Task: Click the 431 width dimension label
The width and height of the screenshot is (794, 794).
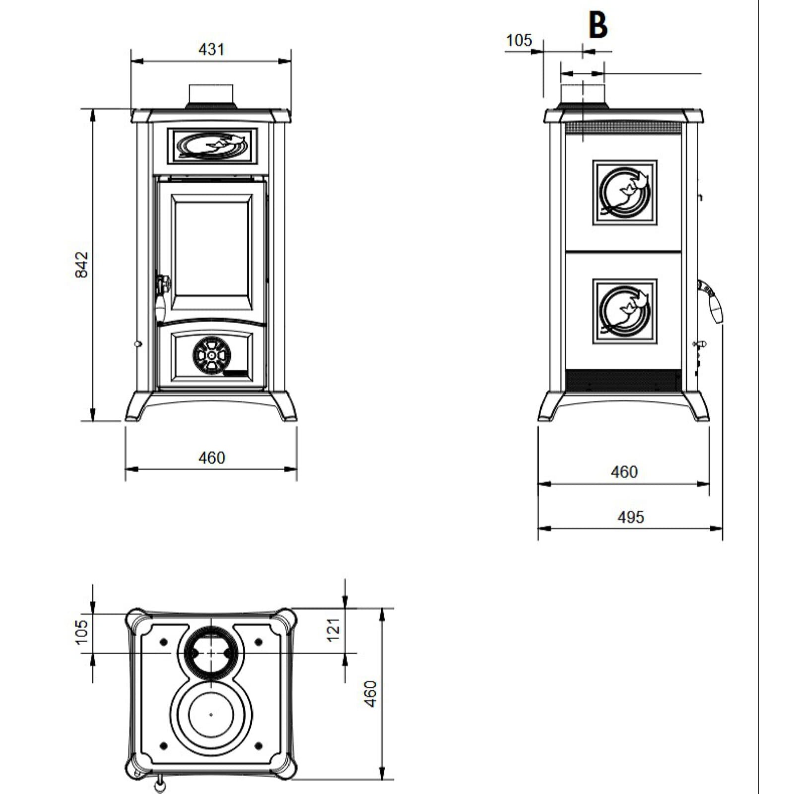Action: tap(211, 50)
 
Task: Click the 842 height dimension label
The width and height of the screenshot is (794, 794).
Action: tap(81, 264)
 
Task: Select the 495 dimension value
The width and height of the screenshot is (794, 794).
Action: tap(630, 517)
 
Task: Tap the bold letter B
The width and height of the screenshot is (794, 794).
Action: tap(598, 26)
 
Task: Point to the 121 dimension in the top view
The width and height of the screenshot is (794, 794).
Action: tap(334, 629)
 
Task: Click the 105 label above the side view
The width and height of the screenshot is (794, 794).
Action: tap(519, 40)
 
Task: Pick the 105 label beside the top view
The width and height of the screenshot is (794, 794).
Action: tap(81, 631)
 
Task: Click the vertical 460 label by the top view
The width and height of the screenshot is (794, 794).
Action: tap(370, 693)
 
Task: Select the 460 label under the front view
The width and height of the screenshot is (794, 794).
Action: tap(211, 458)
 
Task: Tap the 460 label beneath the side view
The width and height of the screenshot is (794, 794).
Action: tap(624, 471)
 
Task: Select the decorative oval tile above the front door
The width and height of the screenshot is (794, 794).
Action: tap(212, 145)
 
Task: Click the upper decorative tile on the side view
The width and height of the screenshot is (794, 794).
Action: tap(625, 193)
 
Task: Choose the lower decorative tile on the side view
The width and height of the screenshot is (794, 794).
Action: tap(625, 311)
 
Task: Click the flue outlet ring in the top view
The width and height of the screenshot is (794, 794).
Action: tap(211, 653)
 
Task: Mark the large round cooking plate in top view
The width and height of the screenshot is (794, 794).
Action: tap(211, 715)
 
